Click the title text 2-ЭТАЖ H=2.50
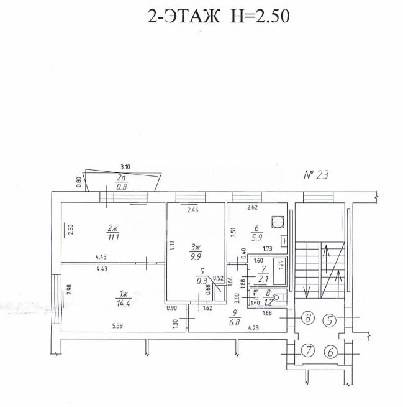coord(219,17)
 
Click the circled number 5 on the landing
coord(330,320)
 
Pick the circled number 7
coord(306,352)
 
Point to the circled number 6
coord(330,352)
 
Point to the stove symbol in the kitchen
coord(279,221)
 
